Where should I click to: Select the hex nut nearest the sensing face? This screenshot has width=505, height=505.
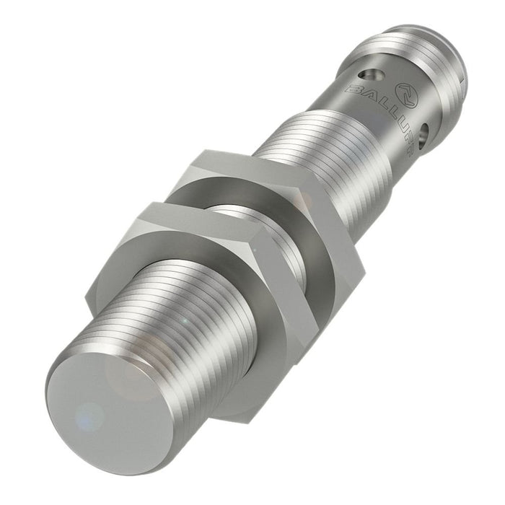pyautogui.click(x=216, y=303)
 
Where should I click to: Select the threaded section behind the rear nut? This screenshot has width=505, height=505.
pyautogui.click(x=317, y=159)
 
